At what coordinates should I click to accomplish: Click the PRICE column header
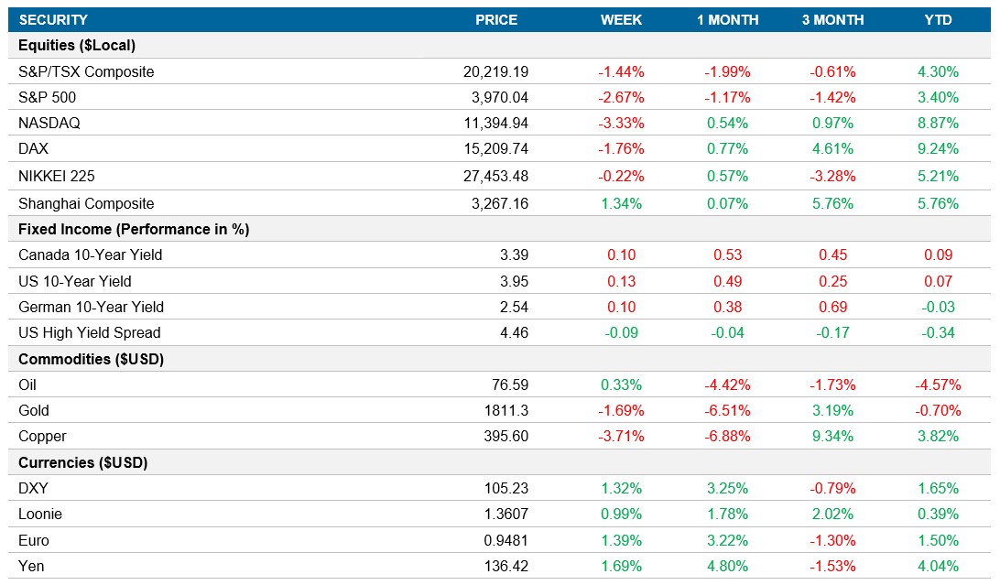click(496, 19)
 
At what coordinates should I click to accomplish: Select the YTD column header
click(938, 19)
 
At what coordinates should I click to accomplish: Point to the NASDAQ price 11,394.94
click(495, 123)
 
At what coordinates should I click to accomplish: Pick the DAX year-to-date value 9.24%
click(938, 149)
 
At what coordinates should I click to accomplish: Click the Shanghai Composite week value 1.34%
click(622, 203)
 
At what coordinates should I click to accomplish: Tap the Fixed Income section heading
click(134, 229)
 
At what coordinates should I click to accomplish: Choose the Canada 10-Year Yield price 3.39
click(514, 255)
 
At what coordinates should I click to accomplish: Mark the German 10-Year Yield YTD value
click(938, 307)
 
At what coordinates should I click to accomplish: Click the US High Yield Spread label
click(89, 332)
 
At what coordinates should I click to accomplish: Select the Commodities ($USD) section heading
click(91, 359)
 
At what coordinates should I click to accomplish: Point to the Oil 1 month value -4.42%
click(728, 385)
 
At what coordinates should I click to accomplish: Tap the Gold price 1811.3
click(507, 410)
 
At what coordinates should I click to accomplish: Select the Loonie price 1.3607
click(506, 514)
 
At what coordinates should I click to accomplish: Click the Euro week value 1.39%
click(622, 540)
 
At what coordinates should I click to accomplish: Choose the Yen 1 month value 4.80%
click(728, 566)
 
